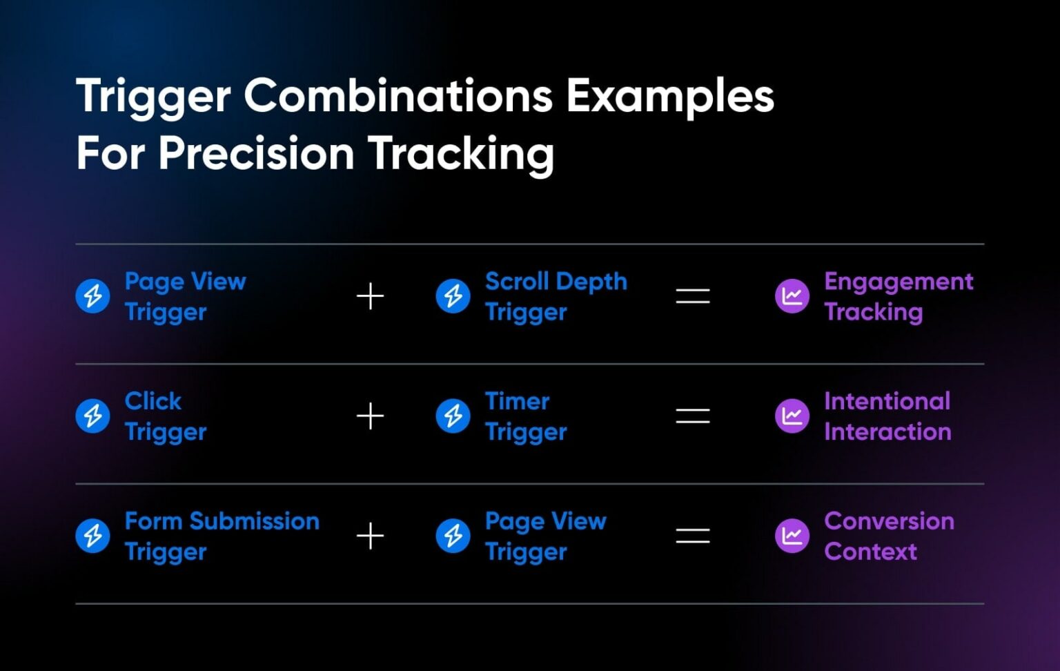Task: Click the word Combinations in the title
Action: (398, 96)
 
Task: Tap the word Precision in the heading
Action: (257, 153)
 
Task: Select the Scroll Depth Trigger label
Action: (556, 297)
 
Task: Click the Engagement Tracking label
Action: (899, 297)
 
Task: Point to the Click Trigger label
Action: (166, 416)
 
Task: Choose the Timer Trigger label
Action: (527, 416)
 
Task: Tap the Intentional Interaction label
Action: (887, 416)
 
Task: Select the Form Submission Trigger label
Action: (222, 536)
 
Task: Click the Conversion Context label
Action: (889, 536)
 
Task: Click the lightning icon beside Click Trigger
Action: (92, 416)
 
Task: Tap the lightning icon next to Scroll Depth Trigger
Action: (453, 296)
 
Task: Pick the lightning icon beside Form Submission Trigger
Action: (92, 536)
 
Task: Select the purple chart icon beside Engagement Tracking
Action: (792, 296)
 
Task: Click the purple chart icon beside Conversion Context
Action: (792, 536)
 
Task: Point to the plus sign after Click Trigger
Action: (370, 416)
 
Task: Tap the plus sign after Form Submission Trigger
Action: (370, 536)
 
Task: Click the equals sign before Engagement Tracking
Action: (693, 296)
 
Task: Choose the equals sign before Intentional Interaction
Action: (693, 416)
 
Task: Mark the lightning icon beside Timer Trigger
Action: (453, 416)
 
